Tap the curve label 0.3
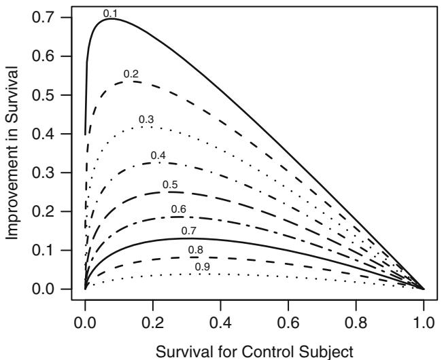point(146,120)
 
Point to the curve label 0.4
point(158,156)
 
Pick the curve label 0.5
point(170,185)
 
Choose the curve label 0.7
point(188,231)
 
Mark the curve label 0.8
point(196,251)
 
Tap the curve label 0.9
point(202,266)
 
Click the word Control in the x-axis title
point(254,348)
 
